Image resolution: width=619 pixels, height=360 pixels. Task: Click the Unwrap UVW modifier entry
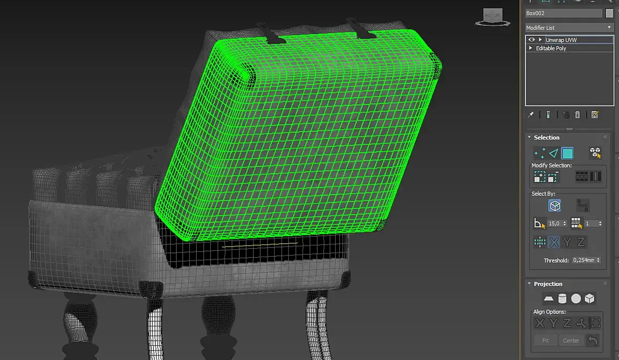[561, 40]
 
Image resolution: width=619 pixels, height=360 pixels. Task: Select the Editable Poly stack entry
[551, 48]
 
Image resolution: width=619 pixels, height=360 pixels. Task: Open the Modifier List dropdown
[569, 28]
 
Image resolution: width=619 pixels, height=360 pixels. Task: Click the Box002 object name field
[563, 13]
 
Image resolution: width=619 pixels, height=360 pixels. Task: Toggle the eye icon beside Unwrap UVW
[531, 40]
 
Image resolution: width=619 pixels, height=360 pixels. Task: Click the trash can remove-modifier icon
[578, 115]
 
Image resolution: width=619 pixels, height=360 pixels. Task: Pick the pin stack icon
[531, 115]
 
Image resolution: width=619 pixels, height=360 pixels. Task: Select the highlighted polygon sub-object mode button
[568, 153]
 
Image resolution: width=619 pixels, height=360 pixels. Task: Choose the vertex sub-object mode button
[540, 153]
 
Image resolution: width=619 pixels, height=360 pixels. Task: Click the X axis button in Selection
[554, 242]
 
